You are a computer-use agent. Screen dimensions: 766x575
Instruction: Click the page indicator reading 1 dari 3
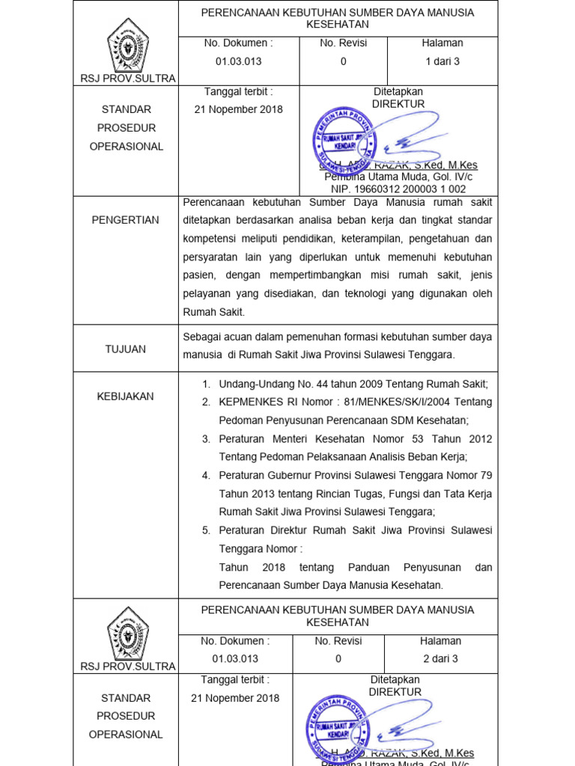(442, 61)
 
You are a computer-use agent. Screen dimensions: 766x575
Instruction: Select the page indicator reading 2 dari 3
(440, 658)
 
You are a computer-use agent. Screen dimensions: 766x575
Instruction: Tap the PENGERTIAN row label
(126, 220)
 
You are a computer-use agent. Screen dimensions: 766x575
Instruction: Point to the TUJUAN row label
(126, 349)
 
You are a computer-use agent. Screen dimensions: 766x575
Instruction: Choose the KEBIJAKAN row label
(126, 396)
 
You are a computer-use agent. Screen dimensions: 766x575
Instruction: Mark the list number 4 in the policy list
(206, 475)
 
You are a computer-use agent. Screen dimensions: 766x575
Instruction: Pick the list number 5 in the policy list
(206, 530)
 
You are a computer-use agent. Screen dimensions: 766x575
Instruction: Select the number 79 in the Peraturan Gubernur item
(484, 475)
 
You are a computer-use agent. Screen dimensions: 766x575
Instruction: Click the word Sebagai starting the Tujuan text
(204, 337)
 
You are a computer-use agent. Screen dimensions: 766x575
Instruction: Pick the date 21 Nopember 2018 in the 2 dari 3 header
(235, 697)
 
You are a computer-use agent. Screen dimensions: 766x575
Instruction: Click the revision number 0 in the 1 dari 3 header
(343, 61)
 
